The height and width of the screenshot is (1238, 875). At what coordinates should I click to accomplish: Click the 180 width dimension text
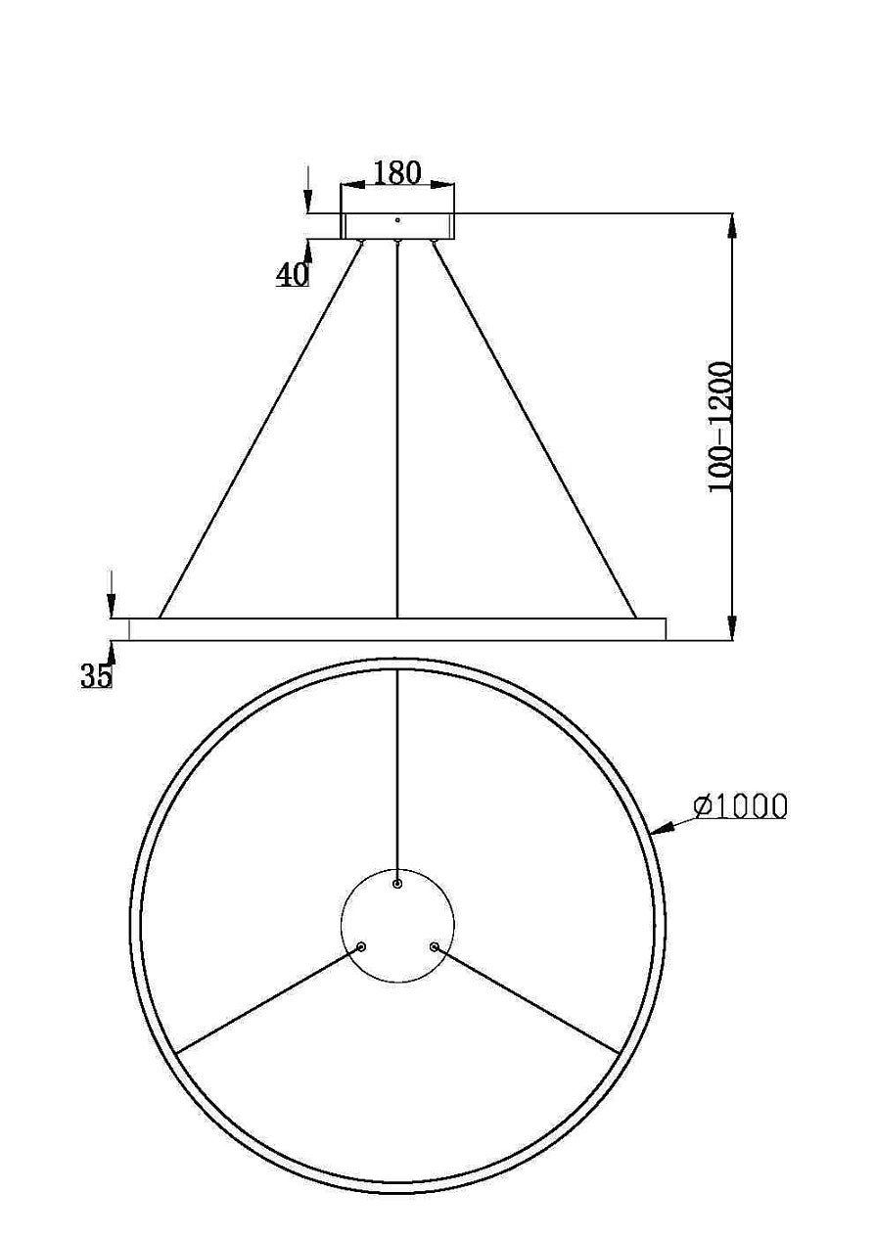[x=397, y=173]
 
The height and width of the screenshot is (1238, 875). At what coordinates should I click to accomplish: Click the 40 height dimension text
[x=292, y=276]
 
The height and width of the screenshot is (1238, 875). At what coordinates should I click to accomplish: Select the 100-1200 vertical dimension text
[x=721, y=427]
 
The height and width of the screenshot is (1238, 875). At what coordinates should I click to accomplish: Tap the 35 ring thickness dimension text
[x=96, y=676]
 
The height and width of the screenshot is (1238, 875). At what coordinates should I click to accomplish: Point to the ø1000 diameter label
[x=740, y=805]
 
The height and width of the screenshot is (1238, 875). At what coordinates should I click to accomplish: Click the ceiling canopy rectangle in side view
[x=397, y=225]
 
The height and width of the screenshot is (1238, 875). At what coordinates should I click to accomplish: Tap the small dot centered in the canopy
[x=397, y=220]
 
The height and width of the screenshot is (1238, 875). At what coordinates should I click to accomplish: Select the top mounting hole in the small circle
[x=397, y=884]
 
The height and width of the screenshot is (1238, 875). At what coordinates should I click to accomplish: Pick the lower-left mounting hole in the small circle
[x=362, y=947]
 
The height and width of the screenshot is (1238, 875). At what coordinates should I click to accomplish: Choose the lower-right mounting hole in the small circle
[x=434, y=947]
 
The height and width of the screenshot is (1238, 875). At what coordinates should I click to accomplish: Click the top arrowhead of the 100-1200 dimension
[x=732, y=224]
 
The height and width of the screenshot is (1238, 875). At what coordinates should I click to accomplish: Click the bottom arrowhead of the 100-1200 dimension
[x=732, y=629]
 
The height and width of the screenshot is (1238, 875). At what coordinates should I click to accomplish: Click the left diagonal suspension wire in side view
[x=259, y=431]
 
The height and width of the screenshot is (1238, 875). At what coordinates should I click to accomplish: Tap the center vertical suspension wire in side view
[x=397, y=431]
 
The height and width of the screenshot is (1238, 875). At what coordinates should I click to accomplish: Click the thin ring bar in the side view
[x=397, y=629]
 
